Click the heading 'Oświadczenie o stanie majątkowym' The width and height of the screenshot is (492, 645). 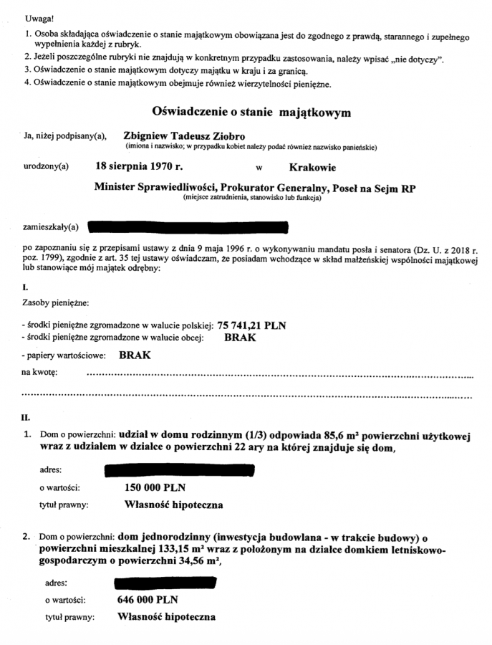point(251,113)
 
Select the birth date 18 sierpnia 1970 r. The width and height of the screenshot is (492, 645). point(139,166)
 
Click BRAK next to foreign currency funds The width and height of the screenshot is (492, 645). point(240,337)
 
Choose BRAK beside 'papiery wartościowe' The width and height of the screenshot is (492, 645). point(135,355)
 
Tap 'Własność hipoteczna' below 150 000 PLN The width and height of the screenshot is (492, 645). point(173,505)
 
